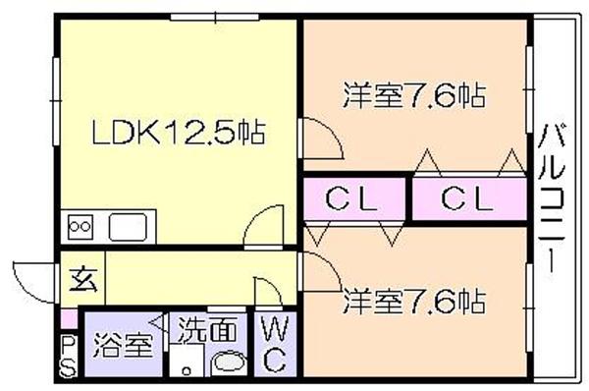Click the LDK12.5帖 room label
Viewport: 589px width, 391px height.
click(179, 133)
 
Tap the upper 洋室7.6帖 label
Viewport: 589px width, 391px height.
click(414, 95)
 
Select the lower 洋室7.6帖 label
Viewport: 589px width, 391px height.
click(414, 302)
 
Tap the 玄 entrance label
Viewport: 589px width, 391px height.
click(84, 280)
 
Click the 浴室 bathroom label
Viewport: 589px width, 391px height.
click(124, 345)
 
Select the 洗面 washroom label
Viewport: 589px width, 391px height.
click(207, 330)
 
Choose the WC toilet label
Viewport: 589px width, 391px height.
click(275, 344)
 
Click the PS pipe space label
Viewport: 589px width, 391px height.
click(68, 357)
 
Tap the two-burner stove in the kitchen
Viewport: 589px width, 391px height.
click(80, 227)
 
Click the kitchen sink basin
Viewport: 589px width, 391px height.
click(128, 227)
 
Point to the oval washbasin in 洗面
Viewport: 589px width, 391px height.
click(229, 363)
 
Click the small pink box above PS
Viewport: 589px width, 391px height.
click(69, 318)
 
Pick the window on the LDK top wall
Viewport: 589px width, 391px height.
click(214, 17)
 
